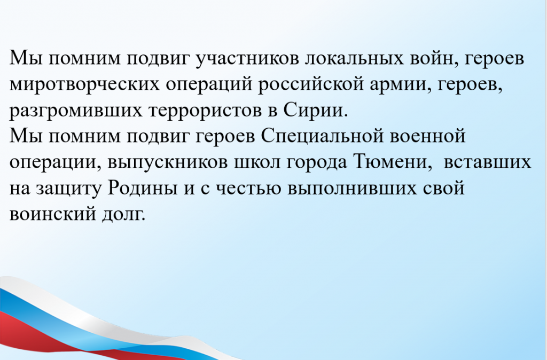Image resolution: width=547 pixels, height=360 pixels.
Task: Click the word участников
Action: pyautogui.click(x=247, y=58)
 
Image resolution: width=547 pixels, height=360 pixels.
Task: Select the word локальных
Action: pyautogui.click(x=355, y=58)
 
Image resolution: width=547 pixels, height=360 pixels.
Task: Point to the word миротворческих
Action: pyautogui.click(x=84, y=85)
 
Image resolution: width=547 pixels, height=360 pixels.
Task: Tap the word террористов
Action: pyautogui.click(x=206, y=111)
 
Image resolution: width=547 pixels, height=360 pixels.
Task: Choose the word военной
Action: pyautogui.click(x=427, y=137)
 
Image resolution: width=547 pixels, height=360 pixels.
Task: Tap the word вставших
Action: pyautogui.click(x=487, y=162)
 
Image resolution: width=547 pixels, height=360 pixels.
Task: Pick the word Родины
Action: pyautogui.click(x=142, y=189)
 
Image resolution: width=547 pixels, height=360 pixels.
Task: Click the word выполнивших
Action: pyautogui.click(x=353, y=189)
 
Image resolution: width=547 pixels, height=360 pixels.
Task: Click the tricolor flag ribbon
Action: pyautogui.click(x=105, y=324)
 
